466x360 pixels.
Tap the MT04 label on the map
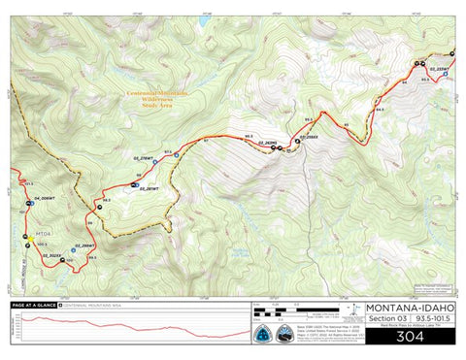(x=43, y=233)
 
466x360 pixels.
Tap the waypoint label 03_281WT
(x=147, y=174)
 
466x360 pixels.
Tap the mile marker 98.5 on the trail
(x=106, y=201)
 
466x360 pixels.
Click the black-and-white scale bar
(x=291, y=312)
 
